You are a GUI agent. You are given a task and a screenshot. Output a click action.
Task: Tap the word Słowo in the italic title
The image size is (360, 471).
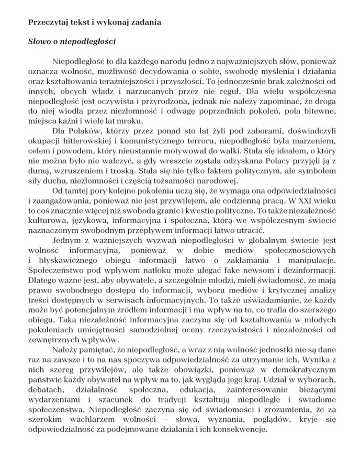click(x=39, y=40)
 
